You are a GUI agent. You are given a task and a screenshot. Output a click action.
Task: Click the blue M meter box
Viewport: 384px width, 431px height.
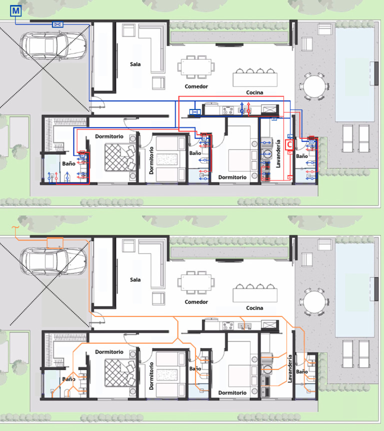click(15, 10)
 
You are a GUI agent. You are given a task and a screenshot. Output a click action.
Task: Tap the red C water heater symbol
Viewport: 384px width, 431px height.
click(289, 144)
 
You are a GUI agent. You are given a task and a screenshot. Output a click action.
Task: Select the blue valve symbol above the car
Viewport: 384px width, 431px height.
click(57, 24)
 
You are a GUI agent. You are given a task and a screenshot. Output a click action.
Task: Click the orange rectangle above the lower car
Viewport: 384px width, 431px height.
click(55, 243)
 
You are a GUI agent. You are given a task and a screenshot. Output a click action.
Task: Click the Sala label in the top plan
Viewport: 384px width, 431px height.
click(135, 64)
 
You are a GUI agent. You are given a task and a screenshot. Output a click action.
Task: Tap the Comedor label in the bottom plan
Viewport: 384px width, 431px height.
click(196, 302)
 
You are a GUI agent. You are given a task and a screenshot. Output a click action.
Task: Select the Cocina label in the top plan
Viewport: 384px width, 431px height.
click(254, 92)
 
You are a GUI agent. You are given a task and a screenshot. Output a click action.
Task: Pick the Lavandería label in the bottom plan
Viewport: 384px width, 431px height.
click(289, 369)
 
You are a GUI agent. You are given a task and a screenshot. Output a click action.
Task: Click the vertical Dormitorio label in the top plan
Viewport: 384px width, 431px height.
click(151, 160)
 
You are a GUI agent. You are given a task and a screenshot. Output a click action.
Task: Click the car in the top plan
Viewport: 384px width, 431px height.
click(53, 45)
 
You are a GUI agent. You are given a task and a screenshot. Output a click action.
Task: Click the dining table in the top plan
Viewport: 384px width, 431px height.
click(196, 67)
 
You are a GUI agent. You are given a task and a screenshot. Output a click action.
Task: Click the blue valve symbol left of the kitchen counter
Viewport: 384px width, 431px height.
click(195, 112)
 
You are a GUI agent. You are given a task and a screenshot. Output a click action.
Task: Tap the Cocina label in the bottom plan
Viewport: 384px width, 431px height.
click(254, 308)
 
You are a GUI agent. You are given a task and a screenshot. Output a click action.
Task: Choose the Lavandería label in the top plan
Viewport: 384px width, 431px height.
click(278, 153)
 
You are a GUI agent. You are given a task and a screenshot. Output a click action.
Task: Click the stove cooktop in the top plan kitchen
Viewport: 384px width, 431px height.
click(228, 110)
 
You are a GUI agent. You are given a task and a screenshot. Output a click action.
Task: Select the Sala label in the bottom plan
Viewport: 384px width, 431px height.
click(135, 279)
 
